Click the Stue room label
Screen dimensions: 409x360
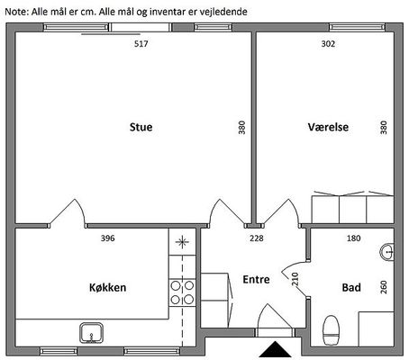(x=141, y=127)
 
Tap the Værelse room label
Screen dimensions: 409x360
(x=328, y=127)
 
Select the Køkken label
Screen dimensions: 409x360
(x=107, y=287)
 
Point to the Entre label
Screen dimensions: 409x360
(x=256, y=279)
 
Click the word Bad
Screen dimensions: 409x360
(x=351, y=287)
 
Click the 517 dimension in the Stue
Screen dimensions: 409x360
(x=141, y=44)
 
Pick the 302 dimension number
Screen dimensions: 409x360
(x=328, y=44)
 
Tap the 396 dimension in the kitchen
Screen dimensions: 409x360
(x=107, y=238)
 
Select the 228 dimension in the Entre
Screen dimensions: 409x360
(x=257, y=238)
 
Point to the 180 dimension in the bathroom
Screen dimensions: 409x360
(x=353, y=238)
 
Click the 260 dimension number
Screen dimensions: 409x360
(x=384, y=287)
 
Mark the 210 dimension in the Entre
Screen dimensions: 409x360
(x=295, y=279)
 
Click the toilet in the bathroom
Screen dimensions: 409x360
(x=331, y=330)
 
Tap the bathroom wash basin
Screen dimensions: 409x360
(x=387, y=252)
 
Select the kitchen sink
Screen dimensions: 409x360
(x=91, y=333)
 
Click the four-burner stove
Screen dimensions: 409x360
(x=182, y=292)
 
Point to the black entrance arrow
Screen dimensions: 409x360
(x=275, y=349)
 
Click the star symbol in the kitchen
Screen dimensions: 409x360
(x=182, y=242)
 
